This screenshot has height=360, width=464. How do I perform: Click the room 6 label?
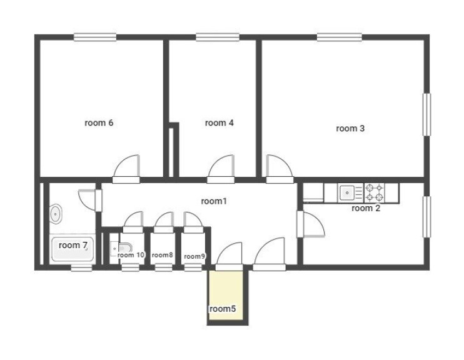pos(99,122)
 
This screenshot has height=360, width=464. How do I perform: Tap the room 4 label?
pos(219,122)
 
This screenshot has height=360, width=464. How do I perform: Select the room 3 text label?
pos(350,128)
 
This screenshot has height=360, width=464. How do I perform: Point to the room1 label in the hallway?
pos(214,201)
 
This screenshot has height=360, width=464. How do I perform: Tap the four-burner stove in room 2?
pos(375,193)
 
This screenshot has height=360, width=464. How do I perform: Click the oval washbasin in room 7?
pos(56,214)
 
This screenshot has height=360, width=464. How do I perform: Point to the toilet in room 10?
pos(121,249)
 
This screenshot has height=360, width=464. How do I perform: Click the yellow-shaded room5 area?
pos(226,295)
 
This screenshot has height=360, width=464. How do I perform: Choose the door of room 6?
pos(126,169)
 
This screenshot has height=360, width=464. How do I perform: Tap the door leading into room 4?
pos(221,169)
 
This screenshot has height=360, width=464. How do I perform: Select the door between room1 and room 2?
pos(311,224)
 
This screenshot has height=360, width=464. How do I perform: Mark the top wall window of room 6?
pos(95,37)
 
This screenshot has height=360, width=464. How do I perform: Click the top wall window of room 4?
pos(218,37)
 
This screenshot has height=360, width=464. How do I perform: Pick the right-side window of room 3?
pos(426,114)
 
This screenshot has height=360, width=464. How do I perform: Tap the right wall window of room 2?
pos(426,217)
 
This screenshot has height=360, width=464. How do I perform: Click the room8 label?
pos(162,255)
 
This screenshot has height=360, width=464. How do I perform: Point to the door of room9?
pos(193,222)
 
